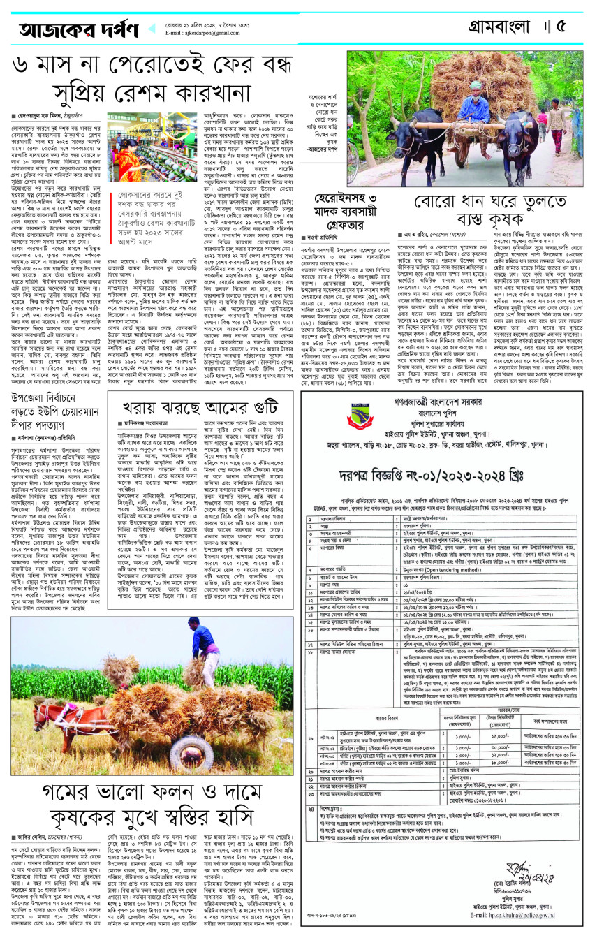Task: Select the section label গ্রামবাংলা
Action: pyautogui.click(x=499, y=27)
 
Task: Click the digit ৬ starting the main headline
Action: pyautogui.click(x=22, y=68)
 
